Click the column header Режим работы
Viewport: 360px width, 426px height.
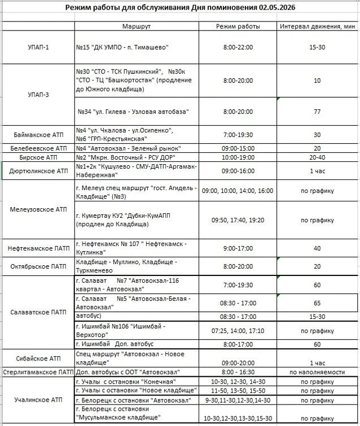tap(238, 27)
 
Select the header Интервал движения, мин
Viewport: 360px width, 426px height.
tap(318, 27)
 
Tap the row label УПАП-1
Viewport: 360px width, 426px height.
tap(38, 47)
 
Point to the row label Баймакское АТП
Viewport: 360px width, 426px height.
tap(38, 135)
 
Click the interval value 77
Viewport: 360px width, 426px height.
tap(317, 112)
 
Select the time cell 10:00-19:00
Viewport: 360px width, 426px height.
tap(238, 157)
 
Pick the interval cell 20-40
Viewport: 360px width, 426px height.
tap(317, 157)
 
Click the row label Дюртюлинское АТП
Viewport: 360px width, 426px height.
tap(38, 170)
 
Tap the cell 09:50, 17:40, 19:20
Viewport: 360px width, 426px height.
tap(238, 220)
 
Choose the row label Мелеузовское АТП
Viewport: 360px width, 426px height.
tap(38, 209)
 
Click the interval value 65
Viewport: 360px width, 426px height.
tap(317, 303)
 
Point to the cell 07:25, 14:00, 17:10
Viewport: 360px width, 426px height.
tap(238, 331)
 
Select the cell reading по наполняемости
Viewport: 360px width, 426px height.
tap(317, 372)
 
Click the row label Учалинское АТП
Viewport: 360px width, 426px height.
tap(38, 400)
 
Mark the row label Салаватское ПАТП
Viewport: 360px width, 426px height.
tap(38, 312)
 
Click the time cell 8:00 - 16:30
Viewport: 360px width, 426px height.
tap(238, 372)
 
